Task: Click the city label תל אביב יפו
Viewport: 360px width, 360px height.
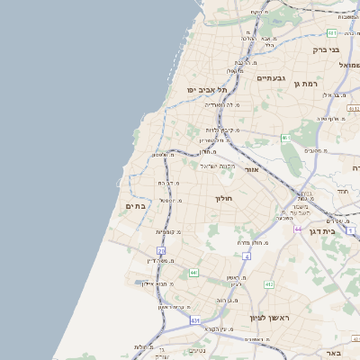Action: pyautogui.click(x=207, y=90)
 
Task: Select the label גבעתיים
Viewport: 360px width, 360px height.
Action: pyautogui.click(x=270, y=78)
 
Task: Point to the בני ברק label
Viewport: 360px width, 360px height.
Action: pyautogui.click(x=326, y=50)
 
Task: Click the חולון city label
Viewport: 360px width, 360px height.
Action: pyautogui.click(x=223, y=198)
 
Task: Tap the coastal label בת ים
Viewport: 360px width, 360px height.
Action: pyautogui.click(x=131, y=206)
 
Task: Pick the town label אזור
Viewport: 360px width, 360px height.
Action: pyautogui.click(x=252, y=168)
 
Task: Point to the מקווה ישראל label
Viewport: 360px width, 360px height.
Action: pyautogui.click(x=217, y=166)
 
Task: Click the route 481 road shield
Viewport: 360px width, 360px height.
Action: pyautogui.click(x=332, y=7)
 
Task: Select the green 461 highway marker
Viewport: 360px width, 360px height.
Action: pyautogui.click(x=285, y=138)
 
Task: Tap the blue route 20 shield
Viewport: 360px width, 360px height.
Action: pyautogui.click(x=161, y=251)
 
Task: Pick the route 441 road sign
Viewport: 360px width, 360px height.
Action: pyautogui.click(x=193, y=272)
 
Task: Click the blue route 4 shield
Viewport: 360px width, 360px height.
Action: pyautogui.click(x=247, y=256)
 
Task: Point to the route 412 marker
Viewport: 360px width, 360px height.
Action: pyautogui.click(x=268, y=284)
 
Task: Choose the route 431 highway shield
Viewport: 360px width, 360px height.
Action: pyautogui.click(x=195, y=320)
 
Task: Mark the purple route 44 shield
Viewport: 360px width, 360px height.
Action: pyautogui.click(x=297, y=229)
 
